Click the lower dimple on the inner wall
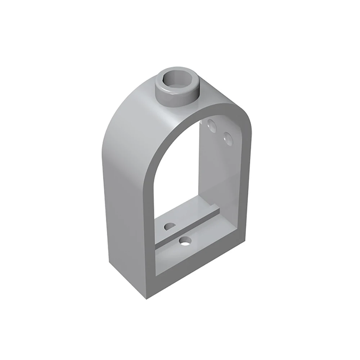pyautogui.click(x=227, y=137)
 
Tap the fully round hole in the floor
pyautogui.click(x=186, y=241)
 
